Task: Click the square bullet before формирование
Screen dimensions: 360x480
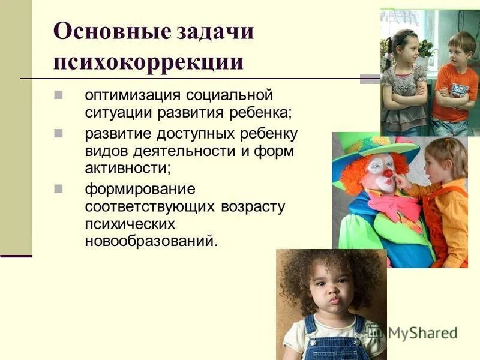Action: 59,189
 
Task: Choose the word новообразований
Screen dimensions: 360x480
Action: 149,242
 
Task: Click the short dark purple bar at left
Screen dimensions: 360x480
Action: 16,256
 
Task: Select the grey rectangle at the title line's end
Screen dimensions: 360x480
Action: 370,79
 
